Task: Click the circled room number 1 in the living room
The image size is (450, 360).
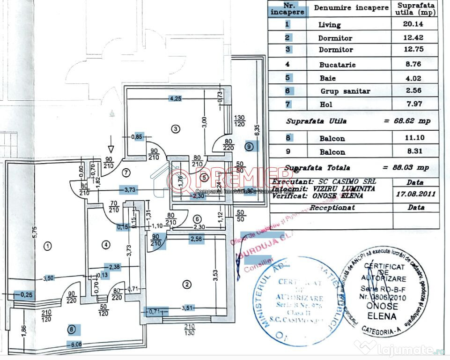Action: tap(47, 245)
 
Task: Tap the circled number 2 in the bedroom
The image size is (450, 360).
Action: tap(187, 284)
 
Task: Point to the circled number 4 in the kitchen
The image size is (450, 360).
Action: tap(107, 244)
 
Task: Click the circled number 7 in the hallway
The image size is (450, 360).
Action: tap(125, 172)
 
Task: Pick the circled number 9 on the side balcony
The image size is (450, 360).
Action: tap(249, 146)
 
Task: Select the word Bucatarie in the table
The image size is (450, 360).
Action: tap(337, 65)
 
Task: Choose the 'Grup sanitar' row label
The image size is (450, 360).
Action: tap(345, 91)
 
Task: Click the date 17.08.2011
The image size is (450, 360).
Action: tap(415, 193)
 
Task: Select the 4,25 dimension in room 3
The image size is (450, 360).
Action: tap(176, 98)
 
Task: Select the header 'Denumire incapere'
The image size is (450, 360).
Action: tap(351, 8)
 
